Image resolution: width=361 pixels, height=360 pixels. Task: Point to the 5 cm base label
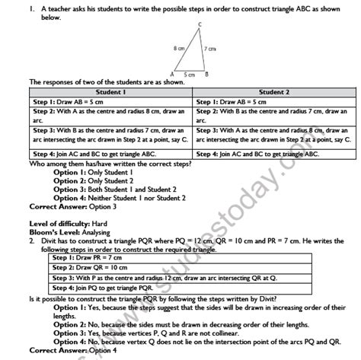point(190,75)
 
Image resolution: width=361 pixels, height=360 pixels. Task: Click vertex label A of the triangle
point(173,74)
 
